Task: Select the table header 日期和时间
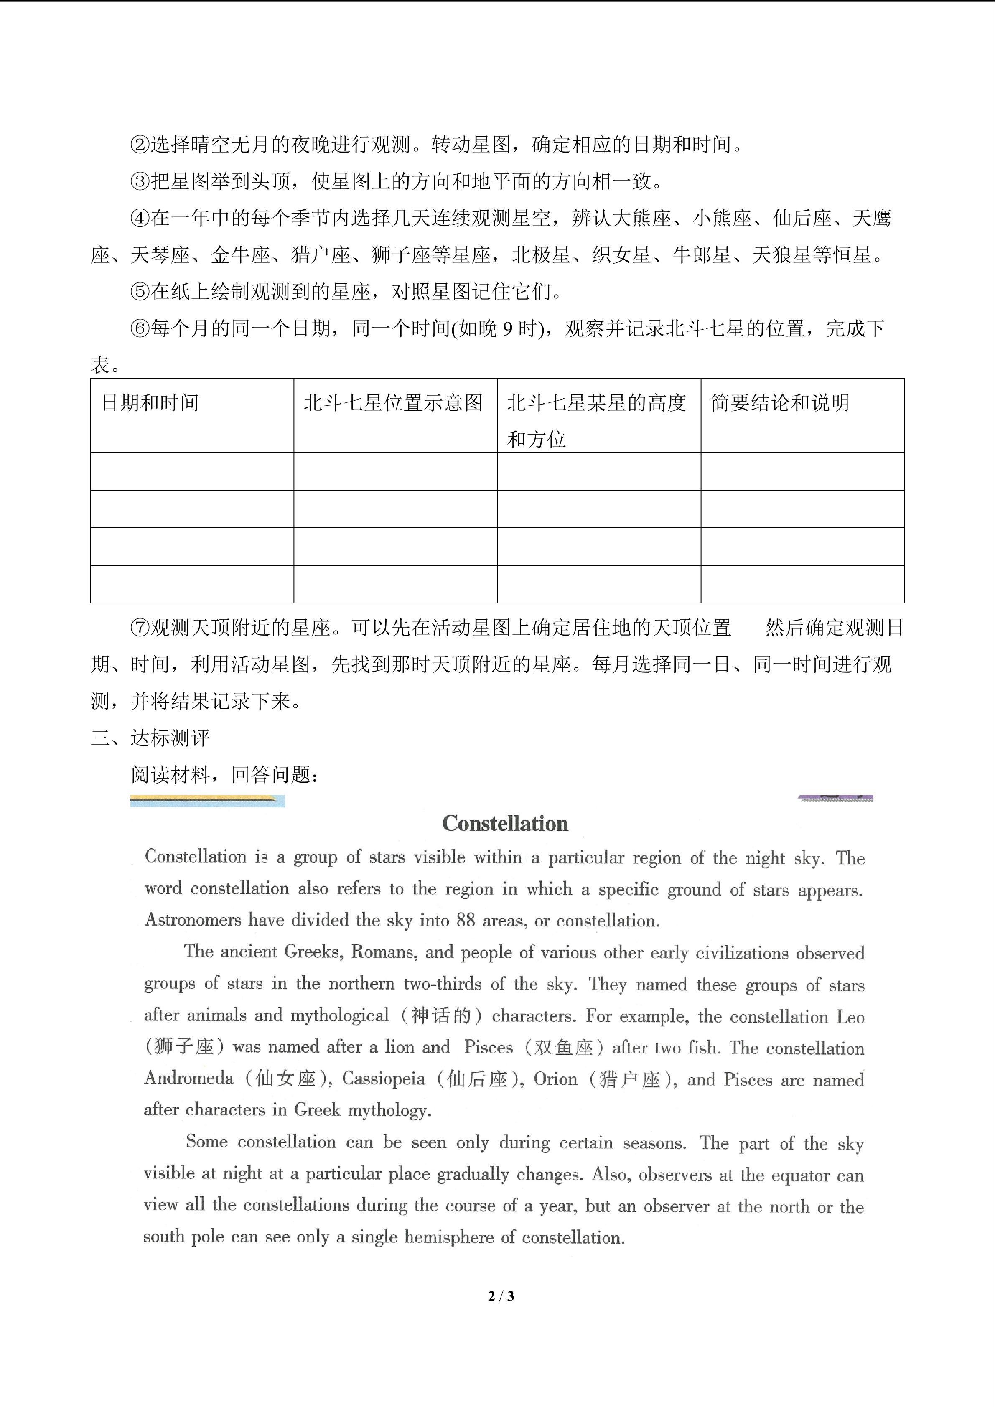(150, 402)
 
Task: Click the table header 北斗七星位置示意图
(393, 402)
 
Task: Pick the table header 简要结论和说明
(780, 402)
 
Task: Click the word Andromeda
(189, 1079)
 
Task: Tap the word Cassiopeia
(384, 1079)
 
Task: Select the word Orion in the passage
(555, 1079)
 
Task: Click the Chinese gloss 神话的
(440, 1015)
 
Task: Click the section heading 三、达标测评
(150, 738)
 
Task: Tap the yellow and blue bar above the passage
(207, 800)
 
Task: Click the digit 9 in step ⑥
(507, 329)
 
